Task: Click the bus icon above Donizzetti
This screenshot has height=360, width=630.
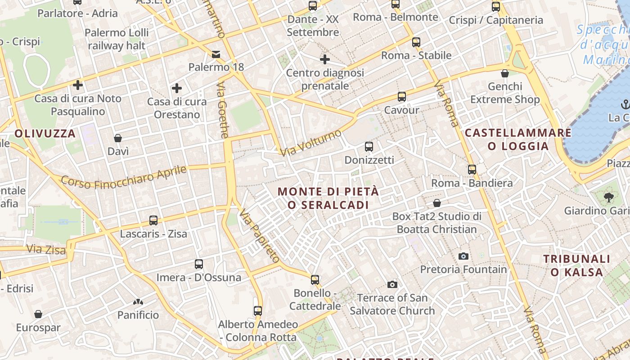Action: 369,147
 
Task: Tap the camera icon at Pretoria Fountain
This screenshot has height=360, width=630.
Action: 463,256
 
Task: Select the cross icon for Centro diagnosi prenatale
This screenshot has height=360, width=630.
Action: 324,59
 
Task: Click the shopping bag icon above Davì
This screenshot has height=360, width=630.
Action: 118,138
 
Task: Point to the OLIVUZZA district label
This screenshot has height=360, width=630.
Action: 45,133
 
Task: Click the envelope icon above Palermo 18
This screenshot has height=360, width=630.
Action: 216,54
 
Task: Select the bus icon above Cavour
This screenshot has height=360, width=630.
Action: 401,97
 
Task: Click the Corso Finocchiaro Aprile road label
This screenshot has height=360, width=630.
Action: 124,177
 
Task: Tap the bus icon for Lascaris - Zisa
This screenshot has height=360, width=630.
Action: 153,220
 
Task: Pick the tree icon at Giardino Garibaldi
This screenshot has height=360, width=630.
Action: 608,197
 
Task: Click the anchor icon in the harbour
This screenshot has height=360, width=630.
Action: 625,105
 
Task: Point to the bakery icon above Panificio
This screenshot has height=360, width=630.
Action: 138,301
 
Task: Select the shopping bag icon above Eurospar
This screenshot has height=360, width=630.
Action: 38,314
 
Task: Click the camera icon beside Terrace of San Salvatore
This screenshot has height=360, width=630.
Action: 392,284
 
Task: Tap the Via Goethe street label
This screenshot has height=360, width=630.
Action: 223,110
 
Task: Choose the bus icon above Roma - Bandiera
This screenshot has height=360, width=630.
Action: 472,170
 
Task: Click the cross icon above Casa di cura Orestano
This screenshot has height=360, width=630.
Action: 177,88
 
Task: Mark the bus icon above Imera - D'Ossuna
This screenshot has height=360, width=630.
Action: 198,264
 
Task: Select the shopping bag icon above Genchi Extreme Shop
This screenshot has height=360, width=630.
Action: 505,73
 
